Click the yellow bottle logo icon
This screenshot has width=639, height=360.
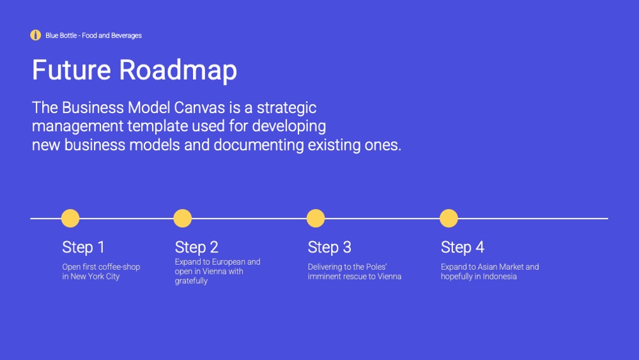click(35, 35)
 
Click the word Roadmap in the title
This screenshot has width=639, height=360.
click(178, 70)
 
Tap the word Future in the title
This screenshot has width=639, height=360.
click(72, 70)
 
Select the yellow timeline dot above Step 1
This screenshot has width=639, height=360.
click(70, 218)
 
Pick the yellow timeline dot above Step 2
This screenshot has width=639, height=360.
click(183, 218)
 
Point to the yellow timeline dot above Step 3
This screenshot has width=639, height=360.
click(316, 218)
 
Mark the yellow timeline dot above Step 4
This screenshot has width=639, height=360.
click(449, 218)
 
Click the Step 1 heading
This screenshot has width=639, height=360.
click(84, 247)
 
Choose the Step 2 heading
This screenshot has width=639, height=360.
click(196, 247)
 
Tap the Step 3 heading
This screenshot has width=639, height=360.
click(329, 247)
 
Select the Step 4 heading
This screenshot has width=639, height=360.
click(463, 247)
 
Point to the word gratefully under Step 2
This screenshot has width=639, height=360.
click(191, 281)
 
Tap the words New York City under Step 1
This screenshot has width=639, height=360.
click(95, 276)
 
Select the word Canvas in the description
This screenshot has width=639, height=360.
click(199, 107)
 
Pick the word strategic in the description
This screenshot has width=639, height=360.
click(286, 108)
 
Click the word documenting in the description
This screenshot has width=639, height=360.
click(259, 145)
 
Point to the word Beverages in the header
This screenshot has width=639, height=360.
click(127, 35)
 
